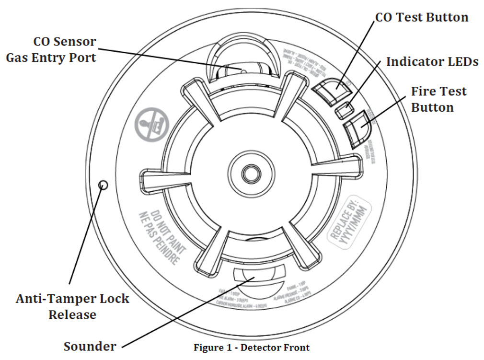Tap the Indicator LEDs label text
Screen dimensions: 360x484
point(432,62)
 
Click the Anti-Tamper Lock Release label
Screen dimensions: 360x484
point(72,306)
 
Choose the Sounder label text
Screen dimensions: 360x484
point(90,346)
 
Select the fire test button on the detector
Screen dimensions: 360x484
point(357,128)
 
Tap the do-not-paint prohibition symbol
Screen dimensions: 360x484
point(151,124)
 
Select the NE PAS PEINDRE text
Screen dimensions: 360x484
point(158,238)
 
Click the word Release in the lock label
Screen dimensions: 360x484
point(72,314)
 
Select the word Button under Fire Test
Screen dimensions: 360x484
point(432,107)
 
